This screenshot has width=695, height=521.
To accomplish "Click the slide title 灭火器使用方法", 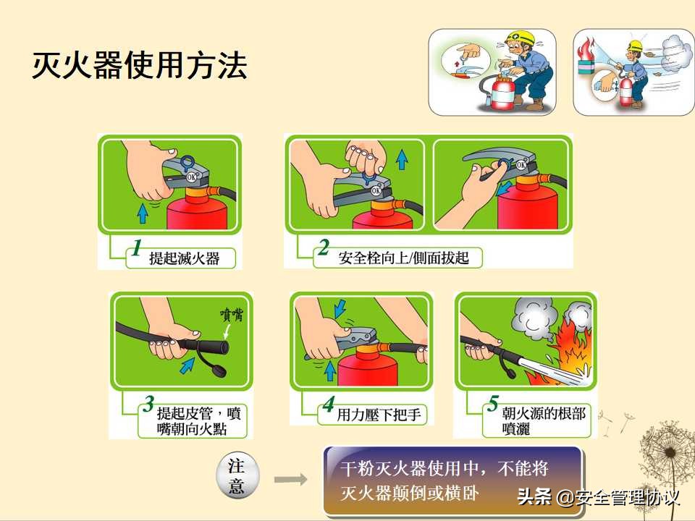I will pyautogui.click(x=139, y=66).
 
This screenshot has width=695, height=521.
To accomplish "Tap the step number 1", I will pyautogui.click(x=135, y=249).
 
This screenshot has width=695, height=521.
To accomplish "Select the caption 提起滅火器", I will pyautogui.click(x=184, y=257).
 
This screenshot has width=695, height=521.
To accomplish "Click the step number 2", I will pyautogui.click(x=323, y=249).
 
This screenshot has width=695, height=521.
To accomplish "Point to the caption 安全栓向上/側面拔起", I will pyautogui.click(x=403, y=258).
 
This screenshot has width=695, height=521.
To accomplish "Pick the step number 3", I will pyautogui.click(x=148, y=404).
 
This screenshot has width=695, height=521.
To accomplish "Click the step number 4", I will pyautogui.click(x=329, y=405).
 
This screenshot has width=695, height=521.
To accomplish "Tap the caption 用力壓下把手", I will pyautogui.click(x=381, y=415).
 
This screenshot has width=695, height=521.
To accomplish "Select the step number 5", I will pyautogui.click(x=492, y=404).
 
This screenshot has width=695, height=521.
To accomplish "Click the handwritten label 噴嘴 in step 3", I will pyautogui.click(x=234, y=314).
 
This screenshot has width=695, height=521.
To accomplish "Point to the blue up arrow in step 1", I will pyautogui.click(x=143, y=212).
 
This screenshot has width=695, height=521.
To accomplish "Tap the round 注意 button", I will pyautogui.click(x=237, y=476).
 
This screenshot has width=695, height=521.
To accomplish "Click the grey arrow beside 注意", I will pyautogui.click(x=290, y=479).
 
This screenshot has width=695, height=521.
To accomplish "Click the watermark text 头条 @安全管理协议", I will pyautogui.click(x=598, y=498).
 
